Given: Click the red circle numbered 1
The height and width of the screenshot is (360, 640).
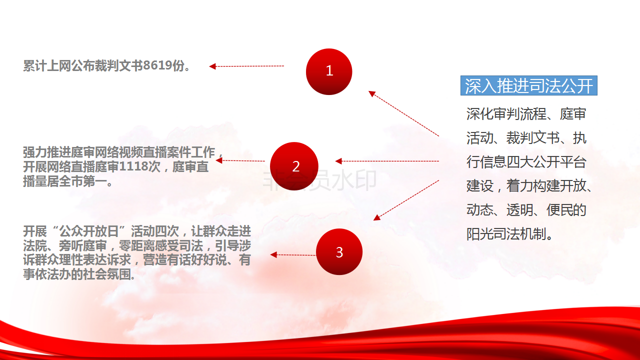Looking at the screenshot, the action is click(329, 71).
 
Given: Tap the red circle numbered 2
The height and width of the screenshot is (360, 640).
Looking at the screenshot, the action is click(294, 166).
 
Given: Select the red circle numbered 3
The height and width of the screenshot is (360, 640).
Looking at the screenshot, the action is click(339, 251).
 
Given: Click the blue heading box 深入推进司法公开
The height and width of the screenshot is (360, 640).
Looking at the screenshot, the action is click(529, 85).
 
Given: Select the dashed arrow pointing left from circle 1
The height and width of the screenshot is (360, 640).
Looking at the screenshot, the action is click(246, 66).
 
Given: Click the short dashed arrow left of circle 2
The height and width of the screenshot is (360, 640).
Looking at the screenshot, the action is click(240, 160).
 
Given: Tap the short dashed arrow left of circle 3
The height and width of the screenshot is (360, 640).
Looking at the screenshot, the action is click(293, 255).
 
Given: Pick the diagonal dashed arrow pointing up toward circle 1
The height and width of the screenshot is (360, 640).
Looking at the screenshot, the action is click(403, 113).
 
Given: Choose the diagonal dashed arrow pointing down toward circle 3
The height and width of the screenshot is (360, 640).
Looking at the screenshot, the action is click(406, 200).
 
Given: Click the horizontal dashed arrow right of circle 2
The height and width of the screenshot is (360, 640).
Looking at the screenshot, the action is click(387, 161).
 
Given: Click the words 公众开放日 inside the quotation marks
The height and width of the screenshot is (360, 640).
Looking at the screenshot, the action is click(89, 231).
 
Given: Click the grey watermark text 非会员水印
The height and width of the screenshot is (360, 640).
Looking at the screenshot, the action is click(319, 180).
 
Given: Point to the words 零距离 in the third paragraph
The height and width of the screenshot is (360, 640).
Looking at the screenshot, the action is click(137, 245).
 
